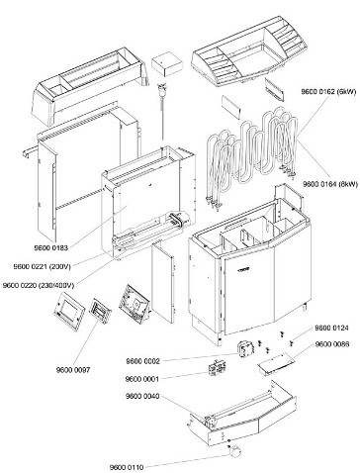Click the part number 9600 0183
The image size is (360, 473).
[51, 247]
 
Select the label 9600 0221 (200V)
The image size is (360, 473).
[42, 266]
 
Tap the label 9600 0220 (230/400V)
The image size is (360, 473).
[39, 285]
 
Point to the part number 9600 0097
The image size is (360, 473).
[73, 370]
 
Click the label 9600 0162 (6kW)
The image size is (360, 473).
[328, 92]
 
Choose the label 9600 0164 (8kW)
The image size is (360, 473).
[330, 184]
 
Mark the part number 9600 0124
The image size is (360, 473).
[331, 328]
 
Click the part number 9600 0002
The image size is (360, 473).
[142, 361]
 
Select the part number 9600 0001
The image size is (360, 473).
[142, 379]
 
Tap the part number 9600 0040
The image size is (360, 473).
[142, 396]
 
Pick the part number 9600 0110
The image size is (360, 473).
[127, 467]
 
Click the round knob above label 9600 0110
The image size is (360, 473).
[235, 451]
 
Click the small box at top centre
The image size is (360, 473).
[167, 64]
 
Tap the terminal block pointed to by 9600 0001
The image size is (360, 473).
[218, 369]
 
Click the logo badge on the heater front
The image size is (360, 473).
[243, 269]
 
